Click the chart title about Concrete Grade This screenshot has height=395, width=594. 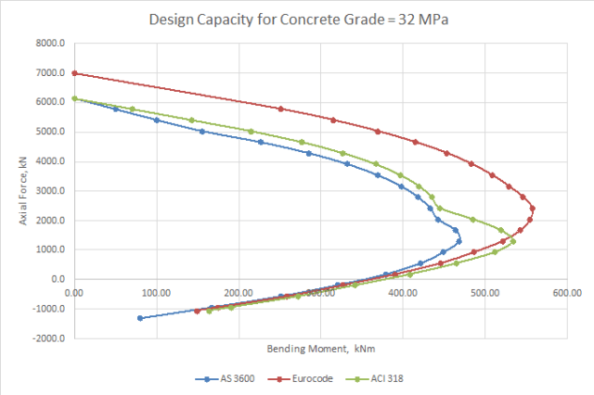[x=297, y=20]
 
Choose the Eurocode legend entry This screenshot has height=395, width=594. [x=299, y=378]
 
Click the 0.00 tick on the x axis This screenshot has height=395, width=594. [x=74, y=293]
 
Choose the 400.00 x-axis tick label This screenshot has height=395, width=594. [x=403, y=293]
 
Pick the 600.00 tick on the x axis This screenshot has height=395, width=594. [x=567, y=293]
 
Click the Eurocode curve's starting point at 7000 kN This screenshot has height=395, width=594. [x=74, y=73]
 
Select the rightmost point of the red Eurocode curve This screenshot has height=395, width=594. [x=533, y=209]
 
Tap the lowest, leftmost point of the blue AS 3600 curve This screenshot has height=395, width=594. [x=140, y=318]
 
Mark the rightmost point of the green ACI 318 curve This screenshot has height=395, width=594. [x=513, y=242]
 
